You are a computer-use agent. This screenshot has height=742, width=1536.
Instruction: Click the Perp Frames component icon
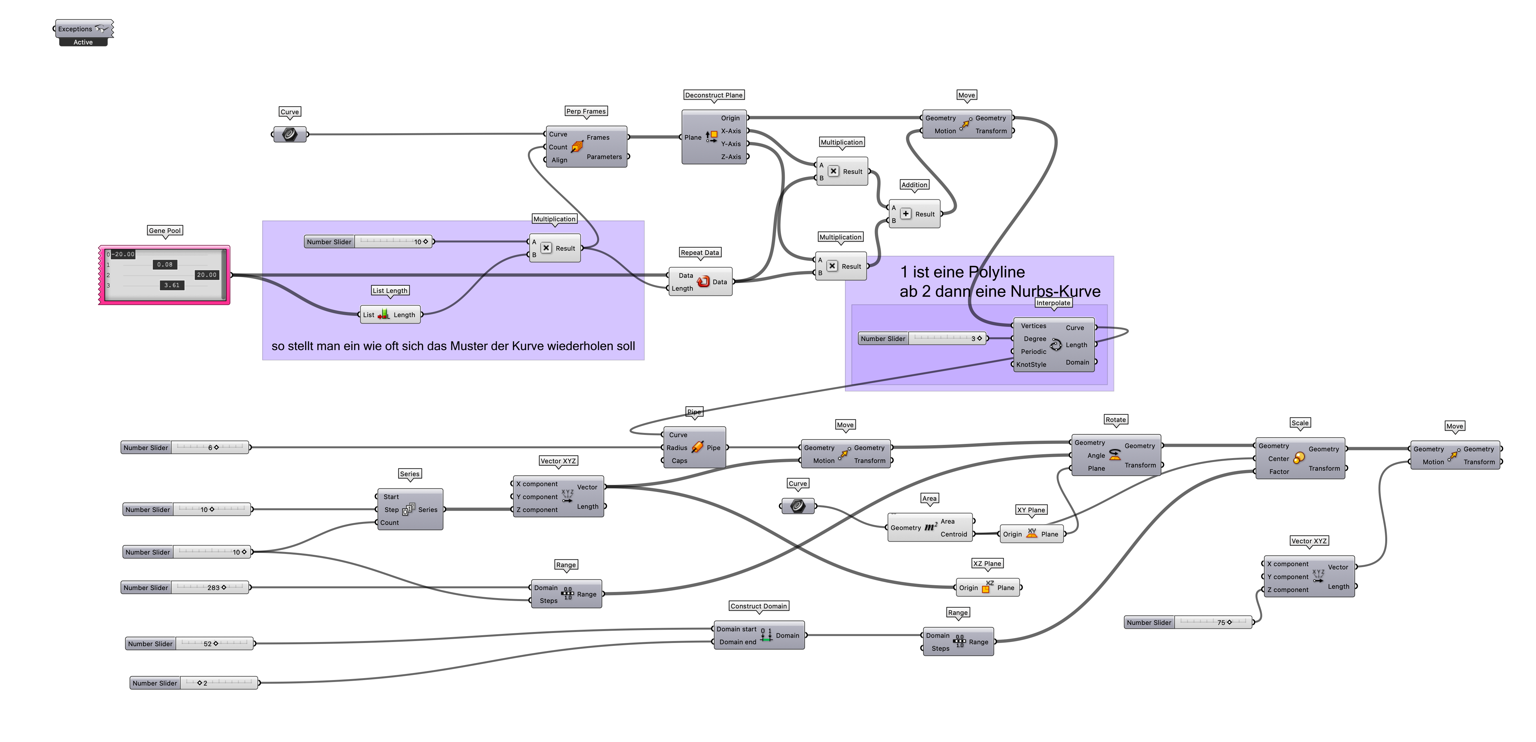coord(577,146)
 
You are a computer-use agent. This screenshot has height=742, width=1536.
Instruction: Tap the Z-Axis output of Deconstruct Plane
coord(731,157)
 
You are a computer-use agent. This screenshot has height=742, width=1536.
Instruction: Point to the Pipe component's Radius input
coord(677,447)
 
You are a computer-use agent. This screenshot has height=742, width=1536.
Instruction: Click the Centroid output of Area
coord(953,534)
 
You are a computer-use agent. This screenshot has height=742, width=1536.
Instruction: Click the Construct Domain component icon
coord(766,635)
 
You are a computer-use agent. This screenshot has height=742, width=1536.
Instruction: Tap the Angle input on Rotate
coord(1096,455)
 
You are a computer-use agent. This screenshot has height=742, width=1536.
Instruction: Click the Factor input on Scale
coord(1279,471)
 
